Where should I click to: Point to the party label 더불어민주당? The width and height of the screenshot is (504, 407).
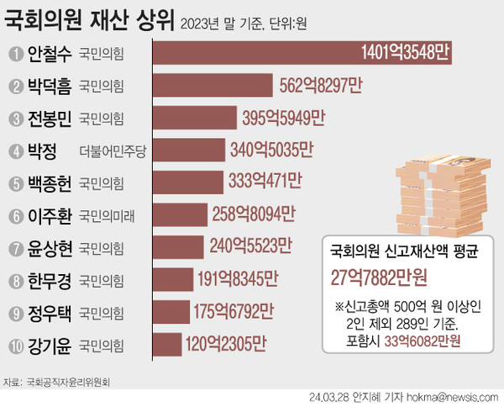112,151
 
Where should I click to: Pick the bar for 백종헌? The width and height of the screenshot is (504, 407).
190,182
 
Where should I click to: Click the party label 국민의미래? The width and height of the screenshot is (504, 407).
107,214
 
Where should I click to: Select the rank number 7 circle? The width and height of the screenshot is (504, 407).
15,247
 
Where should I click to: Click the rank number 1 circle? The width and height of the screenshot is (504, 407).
15,54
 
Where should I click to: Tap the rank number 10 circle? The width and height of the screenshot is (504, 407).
15,345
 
